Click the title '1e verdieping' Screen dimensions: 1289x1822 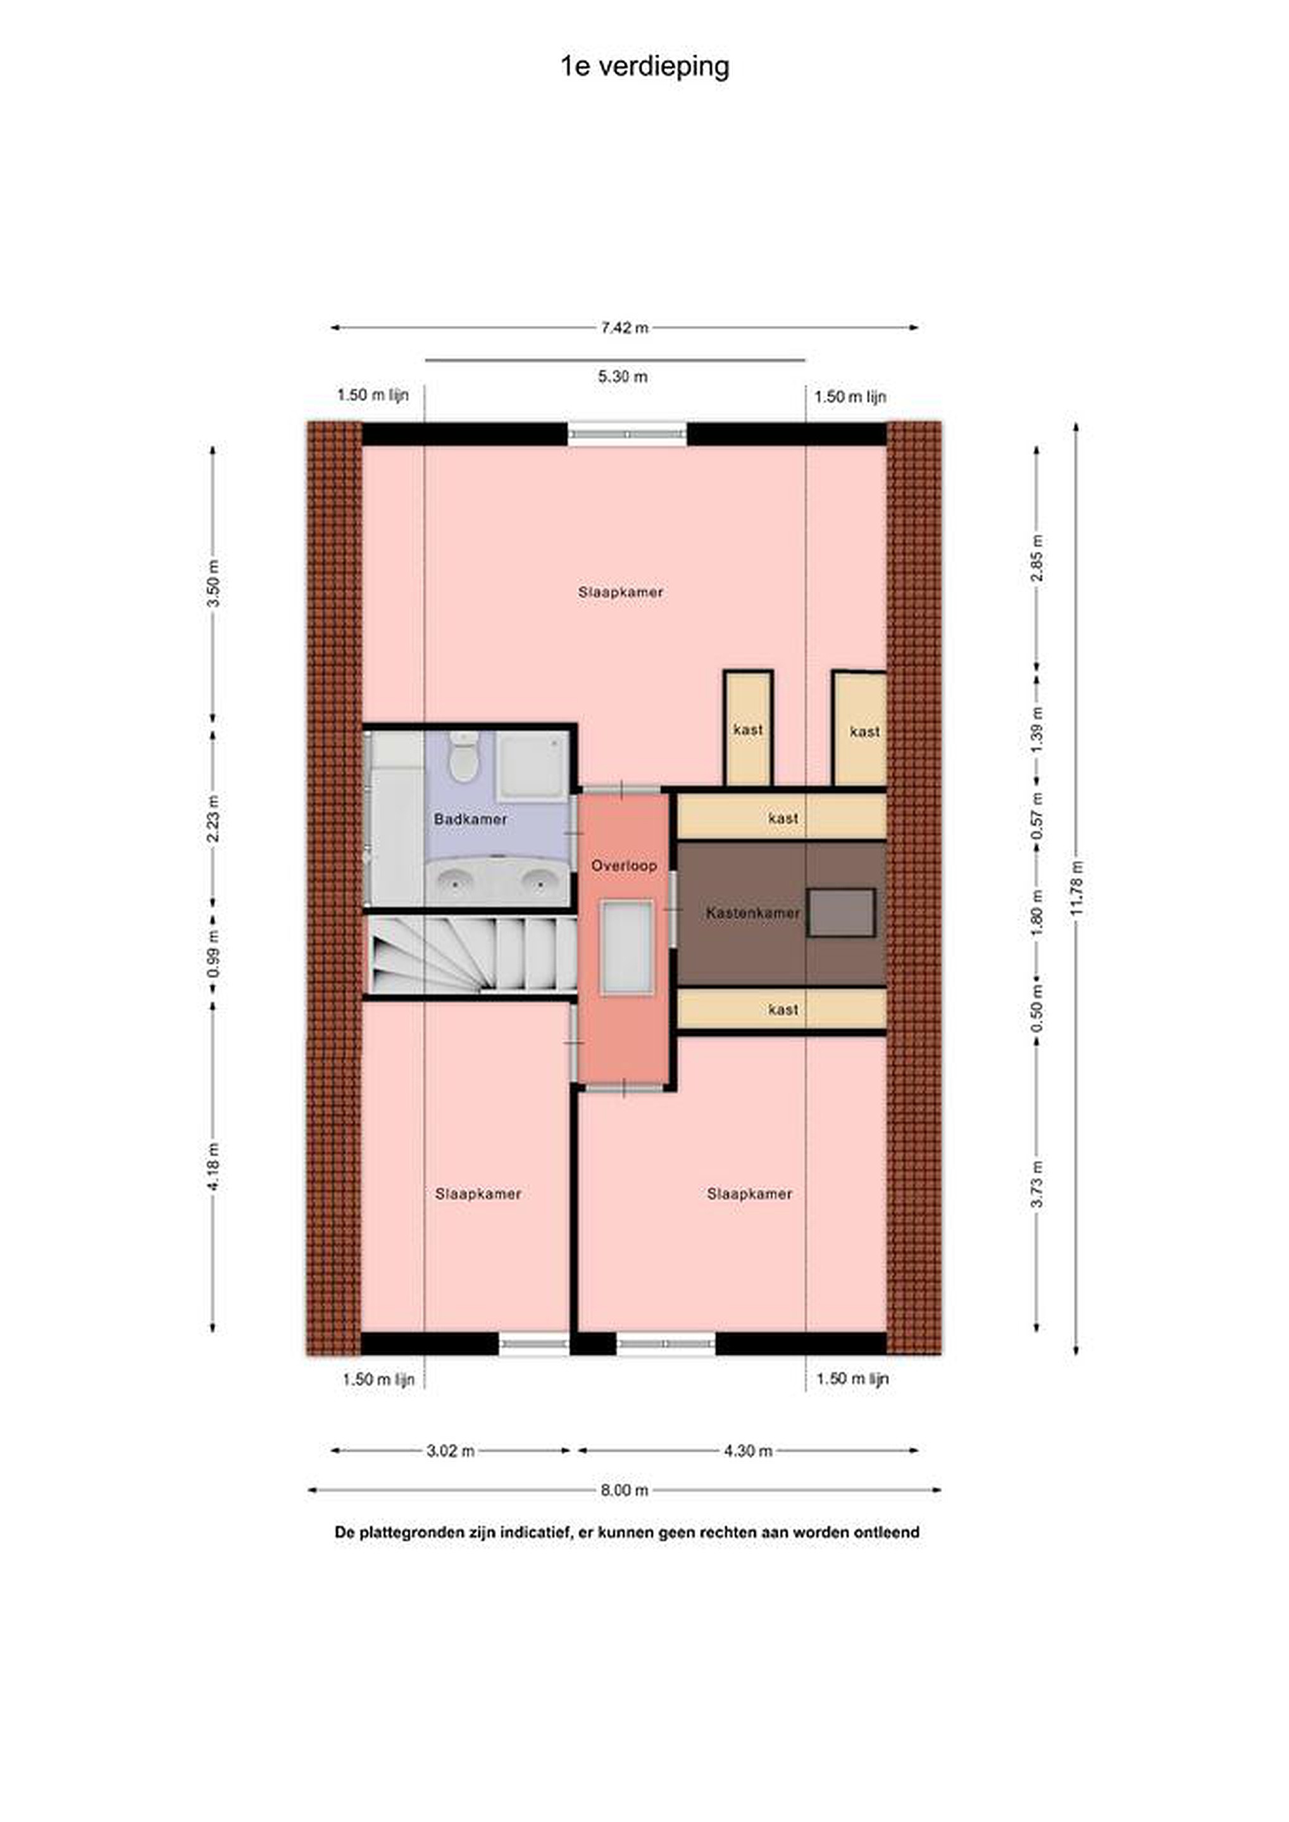[644, 66]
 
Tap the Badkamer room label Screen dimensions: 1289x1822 [470, 818]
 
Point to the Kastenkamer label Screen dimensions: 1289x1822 [752, 913]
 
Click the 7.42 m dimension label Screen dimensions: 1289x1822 [625, 328]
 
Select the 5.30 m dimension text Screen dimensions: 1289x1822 [623, 376]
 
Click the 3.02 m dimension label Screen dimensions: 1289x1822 [451, 1451]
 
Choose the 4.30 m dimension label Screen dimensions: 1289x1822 [748, 1451]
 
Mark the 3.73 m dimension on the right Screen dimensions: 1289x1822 [1037, 1184]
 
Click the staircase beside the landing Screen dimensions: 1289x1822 [471, 954]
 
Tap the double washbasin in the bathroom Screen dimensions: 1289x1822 [497, 881]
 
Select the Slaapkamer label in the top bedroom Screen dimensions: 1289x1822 [621, 592]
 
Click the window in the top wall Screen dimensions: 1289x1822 [627, 434]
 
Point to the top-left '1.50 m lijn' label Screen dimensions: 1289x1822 [373, 395]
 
